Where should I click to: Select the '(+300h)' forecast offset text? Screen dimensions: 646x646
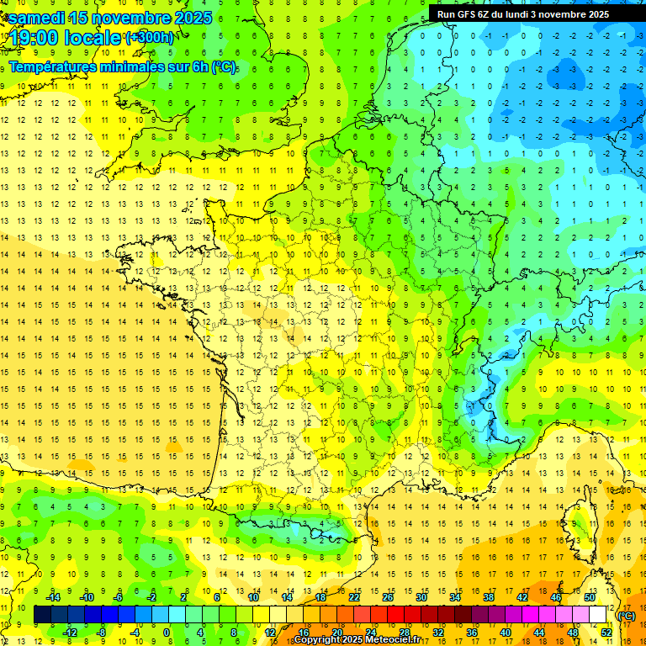coord(149,38)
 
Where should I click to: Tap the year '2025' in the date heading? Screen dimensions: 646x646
coord(188,18)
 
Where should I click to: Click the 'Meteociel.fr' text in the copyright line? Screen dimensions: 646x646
coord(391,640)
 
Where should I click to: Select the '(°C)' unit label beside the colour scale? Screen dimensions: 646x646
coord(626,616)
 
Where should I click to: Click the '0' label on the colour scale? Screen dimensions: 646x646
coord(167,633)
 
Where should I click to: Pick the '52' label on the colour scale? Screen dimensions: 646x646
coord(606,633)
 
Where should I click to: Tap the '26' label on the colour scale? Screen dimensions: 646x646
coord(387,597)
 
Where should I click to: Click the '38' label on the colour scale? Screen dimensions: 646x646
coord(488,597)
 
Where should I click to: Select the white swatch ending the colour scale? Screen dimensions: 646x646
coord(598,615)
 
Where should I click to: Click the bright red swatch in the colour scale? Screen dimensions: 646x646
coord(396,615)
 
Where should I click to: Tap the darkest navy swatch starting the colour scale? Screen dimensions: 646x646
coord(42,615)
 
